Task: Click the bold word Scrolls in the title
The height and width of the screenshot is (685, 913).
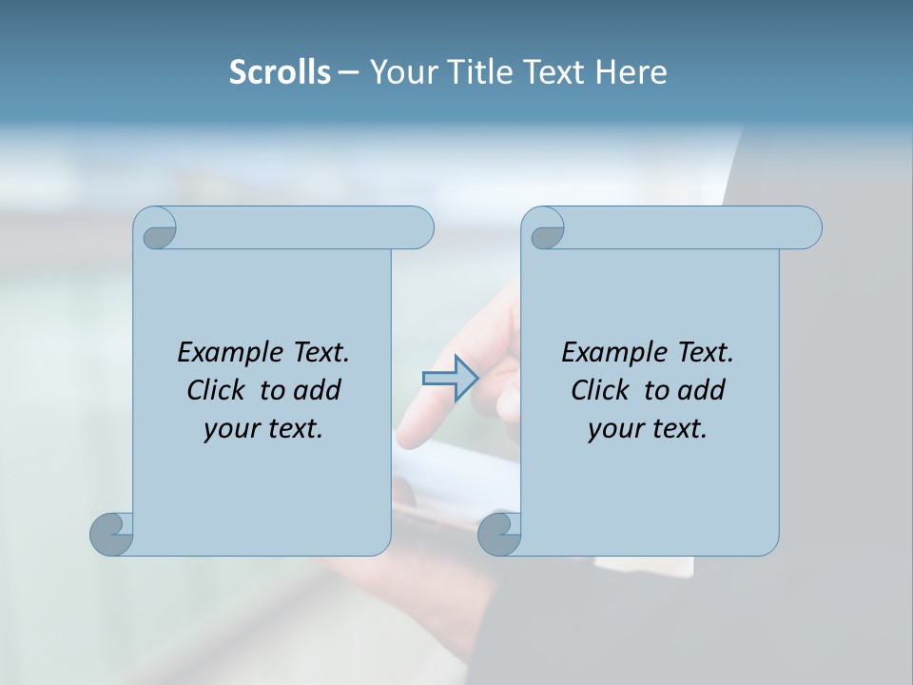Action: tap(280, 72)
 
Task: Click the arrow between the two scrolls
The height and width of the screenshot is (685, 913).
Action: tap(450, 378)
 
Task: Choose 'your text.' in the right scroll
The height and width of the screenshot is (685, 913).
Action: tap(648, 429)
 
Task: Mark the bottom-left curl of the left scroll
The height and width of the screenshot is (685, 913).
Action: tap(112, 534)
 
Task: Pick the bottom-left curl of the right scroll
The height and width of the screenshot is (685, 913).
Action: tap(500, 534)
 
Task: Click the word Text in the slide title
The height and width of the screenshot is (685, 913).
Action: tap(554, 72)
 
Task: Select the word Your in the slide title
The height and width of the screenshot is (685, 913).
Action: tap(399, 72)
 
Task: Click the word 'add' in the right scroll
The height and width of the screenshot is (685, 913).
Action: tap(703, 390)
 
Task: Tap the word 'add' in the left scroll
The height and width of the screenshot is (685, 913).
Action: tap(319, 390)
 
